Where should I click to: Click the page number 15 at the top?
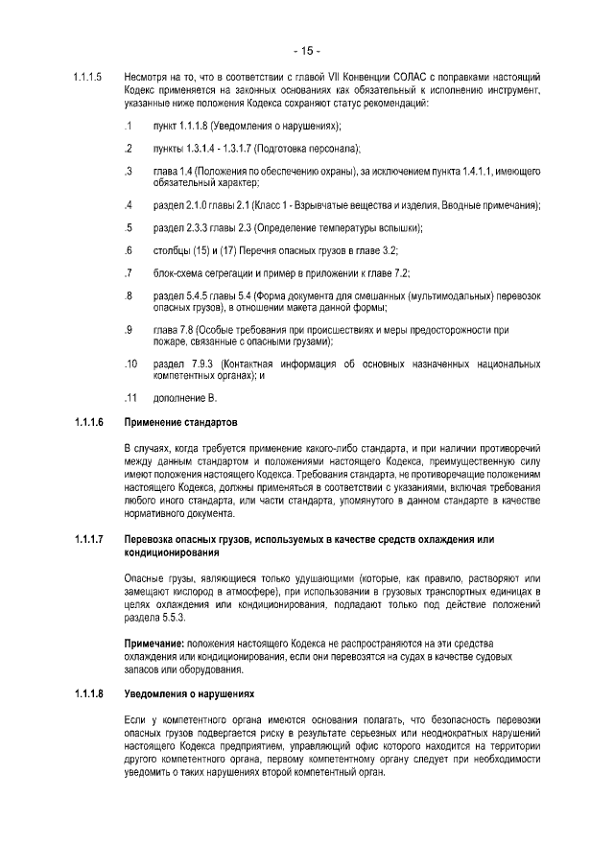pyautogui.click(x=306, y=50)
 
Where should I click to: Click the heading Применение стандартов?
pyautogui.click(x=181, y=422)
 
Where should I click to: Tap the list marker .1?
pyautogui.click(x=129, y=126)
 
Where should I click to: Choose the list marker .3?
pyautogui.click(x=129, y=171)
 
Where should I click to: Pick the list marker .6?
pyautogui.click(x=129, y=250)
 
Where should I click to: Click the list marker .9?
pyautogui.click(x=129, y=330)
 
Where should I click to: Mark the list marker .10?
pyautogui.click(x=130, y=364)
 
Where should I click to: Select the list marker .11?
pyautogui.click(x=130, y=397)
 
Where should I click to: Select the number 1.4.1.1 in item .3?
pyautogui.click(x=471, y=171)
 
